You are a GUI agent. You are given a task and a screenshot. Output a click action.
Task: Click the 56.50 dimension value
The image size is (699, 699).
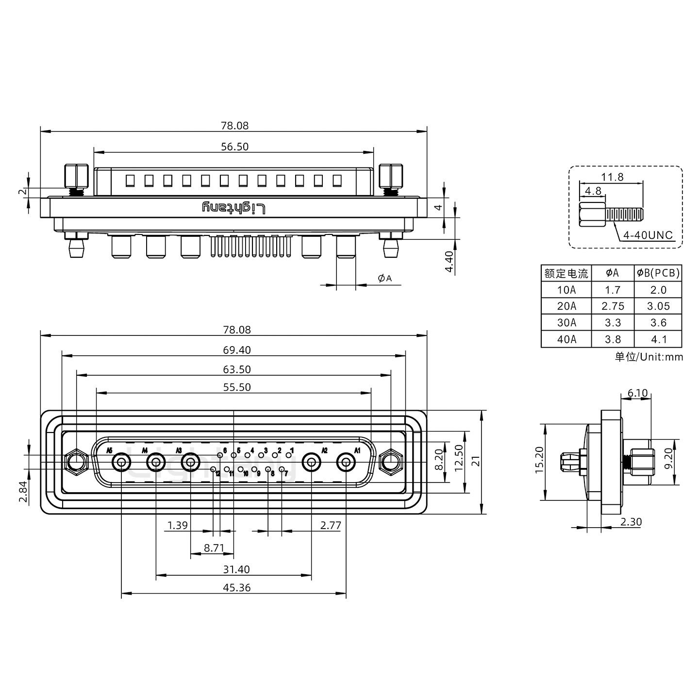234,146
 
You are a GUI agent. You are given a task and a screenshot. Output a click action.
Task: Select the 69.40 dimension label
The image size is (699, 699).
237,350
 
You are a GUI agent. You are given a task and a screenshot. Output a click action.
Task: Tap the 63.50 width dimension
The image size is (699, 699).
237,369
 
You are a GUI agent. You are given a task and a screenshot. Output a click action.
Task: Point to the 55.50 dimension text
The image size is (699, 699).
237,387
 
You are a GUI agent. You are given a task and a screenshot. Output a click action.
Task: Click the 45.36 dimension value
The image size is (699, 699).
237,587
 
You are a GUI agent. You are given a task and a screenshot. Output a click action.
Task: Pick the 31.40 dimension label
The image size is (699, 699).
237,569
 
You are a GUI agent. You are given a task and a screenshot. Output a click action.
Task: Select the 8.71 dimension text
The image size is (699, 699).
214,548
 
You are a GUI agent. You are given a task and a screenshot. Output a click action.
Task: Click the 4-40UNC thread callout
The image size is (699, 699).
648,235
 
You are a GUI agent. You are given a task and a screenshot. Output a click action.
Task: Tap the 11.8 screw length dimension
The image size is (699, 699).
612,177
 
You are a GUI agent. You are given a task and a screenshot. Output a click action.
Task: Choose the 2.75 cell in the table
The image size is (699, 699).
613,306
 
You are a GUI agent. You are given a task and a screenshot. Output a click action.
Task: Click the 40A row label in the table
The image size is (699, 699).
566,339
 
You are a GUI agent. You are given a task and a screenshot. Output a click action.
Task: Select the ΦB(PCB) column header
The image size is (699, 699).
658,273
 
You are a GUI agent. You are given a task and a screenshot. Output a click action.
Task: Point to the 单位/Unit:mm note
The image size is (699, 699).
649,357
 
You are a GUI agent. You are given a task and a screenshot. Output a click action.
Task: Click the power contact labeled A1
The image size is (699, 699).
346,463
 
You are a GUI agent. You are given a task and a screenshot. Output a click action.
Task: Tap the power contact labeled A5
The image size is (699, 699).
121,463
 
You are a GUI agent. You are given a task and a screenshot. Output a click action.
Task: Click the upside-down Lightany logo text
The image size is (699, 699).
234,208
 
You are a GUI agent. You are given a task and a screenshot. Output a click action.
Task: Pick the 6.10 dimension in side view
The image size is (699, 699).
637,393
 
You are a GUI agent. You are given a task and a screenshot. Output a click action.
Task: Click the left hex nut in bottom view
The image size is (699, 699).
76,462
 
